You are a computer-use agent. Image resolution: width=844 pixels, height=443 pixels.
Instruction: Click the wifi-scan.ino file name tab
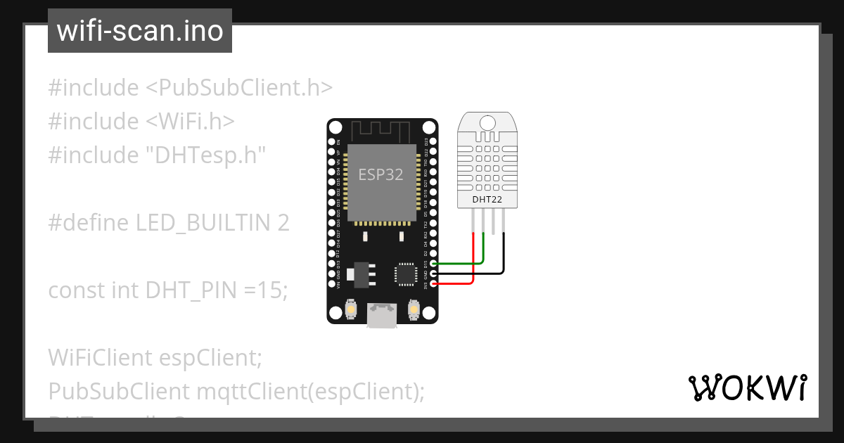[x=140, y=32]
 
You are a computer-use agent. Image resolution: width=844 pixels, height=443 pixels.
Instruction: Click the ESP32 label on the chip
[x=381, y=174]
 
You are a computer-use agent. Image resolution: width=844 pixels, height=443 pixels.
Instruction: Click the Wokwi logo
[x=748, y=388]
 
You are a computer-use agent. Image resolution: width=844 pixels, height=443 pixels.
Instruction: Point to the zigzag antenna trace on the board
[x=381, y=131]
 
